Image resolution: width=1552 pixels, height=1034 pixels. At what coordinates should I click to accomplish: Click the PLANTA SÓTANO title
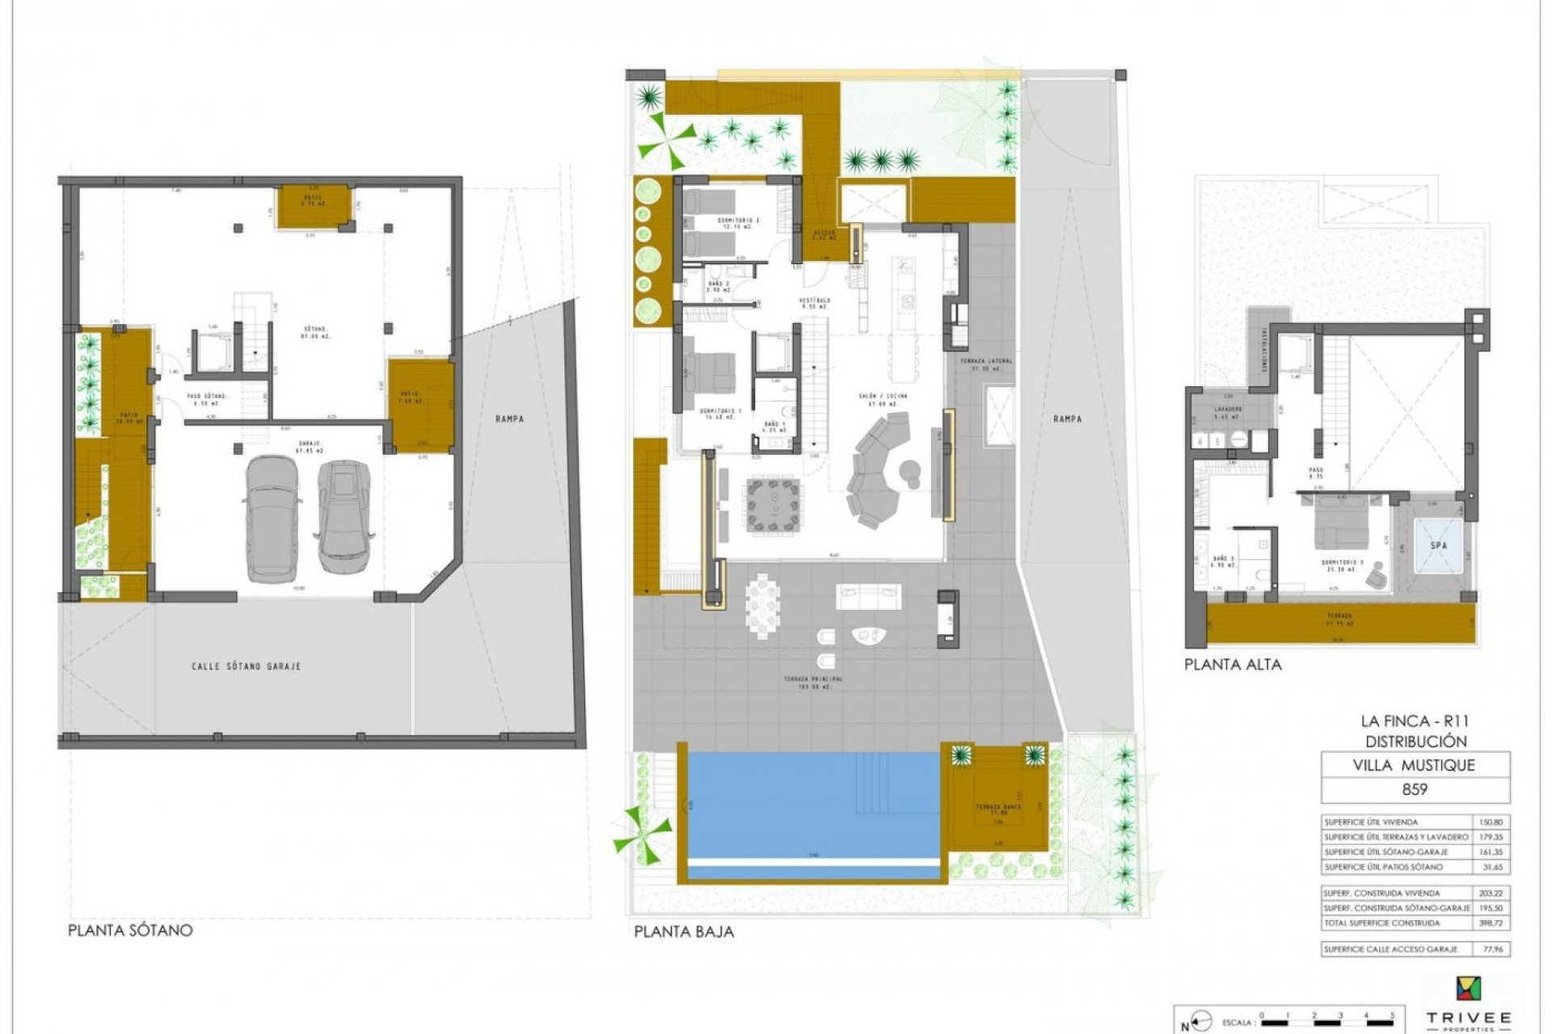coord(130,930)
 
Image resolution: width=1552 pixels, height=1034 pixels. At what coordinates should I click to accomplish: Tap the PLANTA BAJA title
coord(684,931)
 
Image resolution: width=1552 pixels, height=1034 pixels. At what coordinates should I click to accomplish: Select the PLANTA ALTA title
coord(1233,665)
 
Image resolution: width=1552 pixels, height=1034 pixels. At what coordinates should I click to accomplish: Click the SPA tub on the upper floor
coord(1438,546)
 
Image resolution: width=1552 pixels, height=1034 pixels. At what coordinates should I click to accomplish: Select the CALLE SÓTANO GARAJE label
coord(246,666)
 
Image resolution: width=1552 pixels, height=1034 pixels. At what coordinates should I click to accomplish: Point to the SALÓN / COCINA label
coord(883,397)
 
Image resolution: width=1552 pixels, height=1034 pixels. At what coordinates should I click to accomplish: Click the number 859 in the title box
coord(1415,790)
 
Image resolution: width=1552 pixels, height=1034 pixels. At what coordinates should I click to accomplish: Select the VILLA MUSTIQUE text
coord(1414,765)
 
